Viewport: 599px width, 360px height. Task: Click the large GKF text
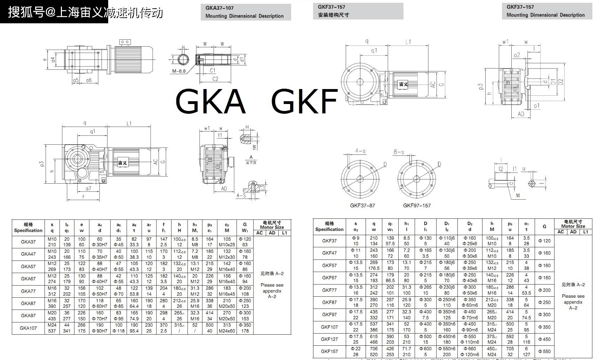pos(304,101)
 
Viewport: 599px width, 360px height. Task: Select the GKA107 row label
pos(28,328)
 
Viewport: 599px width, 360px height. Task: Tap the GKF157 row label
pos(329,351)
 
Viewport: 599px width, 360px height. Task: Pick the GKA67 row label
pos(28,279)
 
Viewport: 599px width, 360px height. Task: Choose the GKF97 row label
pos(329,314)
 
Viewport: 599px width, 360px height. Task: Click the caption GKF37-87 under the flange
pos(362,206)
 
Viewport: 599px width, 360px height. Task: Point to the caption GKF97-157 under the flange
pos(417,206)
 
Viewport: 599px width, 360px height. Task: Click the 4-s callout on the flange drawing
pos(360,151)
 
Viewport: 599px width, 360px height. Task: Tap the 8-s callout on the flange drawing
pos(399,152)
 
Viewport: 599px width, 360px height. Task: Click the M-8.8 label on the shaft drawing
pos(179,71)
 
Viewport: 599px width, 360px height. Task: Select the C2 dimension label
pos(215,79)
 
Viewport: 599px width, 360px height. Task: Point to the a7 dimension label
pos(88,189)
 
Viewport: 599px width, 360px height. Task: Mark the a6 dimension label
pos(89,80)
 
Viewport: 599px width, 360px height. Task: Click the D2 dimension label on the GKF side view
pos(560,82)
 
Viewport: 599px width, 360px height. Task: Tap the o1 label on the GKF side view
pos(536,106)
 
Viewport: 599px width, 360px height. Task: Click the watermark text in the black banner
pos(85,13)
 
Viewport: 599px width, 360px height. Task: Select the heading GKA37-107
pos(219,8)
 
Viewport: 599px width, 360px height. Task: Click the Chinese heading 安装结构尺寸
pos(333,15)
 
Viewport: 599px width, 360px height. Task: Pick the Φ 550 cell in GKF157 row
pos(544,351)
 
